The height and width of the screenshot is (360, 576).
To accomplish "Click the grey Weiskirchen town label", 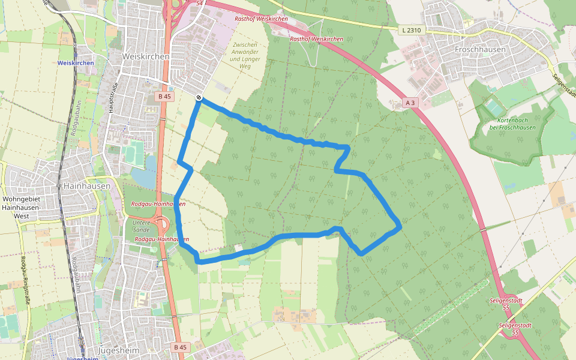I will click(146, 56).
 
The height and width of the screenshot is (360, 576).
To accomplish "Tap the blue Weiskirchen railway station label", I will click(76, 63).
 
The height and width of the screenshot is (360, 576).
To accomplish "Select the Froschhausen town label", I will click(480, 49).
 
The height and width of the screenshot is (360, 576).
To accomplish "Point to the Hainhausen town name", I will click(86, 186).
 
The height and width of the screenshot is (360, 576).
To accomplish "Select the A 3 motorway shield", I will click(410, 103).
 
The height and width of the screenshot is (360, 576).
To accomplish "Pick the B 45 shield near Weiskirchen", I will click(164, 96).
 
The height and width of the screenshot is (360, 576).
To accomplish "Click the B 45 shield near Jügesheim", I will click(180, 347).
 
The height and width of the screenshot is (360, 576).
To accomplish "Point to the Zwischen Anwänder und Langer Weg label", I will click(244, 56).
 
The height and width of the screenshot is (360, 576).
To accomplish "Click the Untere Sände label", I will click(141, 226).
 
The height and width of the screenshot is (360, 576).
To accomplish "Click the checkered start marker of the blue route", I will click(199, 98).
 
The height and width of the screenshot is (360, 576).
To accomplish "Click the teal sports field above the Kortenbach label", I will click(494, 108).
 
